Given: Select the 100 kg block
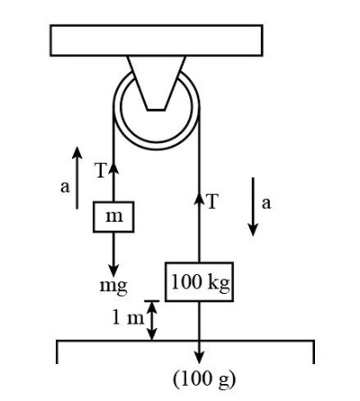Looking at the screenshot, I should click(199, 281).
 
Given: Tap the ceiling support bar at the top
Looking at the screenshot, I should click(157, 40).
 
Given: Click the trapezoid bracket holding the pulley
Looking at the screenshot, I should click(157, 80).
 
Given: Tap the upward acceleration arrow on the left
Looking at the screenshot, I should click(78, 175).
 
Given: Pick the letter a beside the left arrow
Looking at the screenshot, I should click(63, 187).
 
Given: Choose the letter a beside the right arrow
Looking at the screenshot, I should click(266, 203).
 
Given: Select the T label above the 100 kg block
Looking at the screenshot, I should click(212, 201).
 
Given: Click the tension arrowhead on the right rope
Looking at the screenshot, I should click(199, 198).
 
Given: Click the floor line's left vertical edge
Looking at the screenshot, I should click(58, 352).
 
